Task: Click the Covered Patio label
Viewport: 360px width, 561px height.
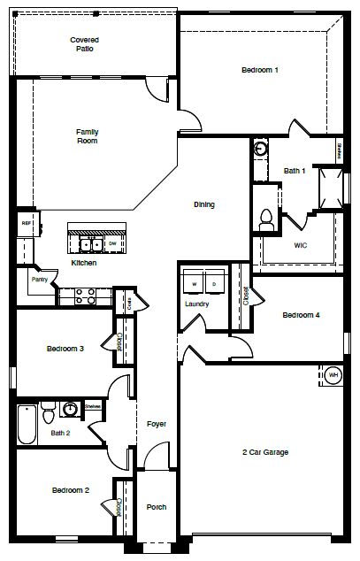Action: pos(85,44)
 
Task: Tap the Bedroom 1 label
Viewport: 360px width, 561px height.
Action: pos(260,70)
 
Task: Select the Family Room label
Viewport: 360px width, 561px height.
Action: pos(87,135)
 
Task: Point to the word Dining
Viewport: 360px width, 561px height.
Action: pos(204,204)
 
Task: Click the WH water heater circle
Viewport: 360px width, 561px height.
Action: pos(333,374)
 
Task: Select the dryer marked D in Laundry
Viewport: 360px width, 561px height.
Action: pos(214,284)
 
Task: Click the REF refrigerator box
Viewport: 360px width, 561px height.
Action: pos(27,224)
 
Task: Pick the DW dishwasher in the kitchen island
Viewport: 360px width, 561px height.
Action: pos(112,242)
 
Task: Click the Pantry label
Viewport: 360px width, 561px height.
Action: pos(39,280)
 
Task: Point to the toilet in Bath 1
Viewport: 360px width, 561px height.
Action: pos(265,218)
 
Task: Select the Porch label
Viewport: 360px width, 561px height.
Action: pos(157,507)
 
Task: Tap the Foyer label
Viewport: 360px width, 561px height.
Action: pos(157,425)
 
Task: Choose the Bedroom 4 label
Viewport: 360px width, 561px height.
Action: pos(301,315)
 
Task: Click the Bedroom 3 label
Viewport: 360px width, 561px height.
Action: pos(65,349)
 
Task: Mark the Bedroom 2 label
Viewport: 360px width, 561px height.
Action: pos(70,489)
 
